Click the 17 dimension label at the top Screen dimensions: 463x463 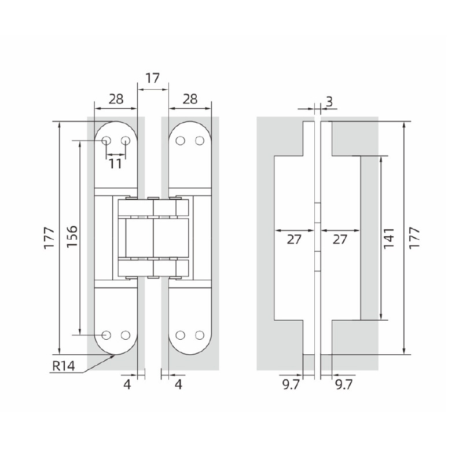153,78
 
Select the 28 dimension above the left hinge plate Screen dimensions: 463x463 116,99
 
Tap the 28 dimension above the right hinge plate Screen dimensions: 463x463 190,99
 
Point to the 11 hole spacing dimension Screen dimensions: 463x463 115,164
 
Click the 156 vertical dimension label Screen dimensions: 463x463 72,237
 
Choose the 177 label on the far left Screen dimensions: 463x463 50,238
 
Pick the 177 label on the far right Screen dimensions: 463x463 414,238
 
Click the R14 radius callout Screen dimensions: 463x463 64,366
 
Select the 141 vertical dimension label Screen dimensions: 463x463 388,238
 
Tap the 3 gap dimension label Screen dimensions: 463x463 329,101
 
